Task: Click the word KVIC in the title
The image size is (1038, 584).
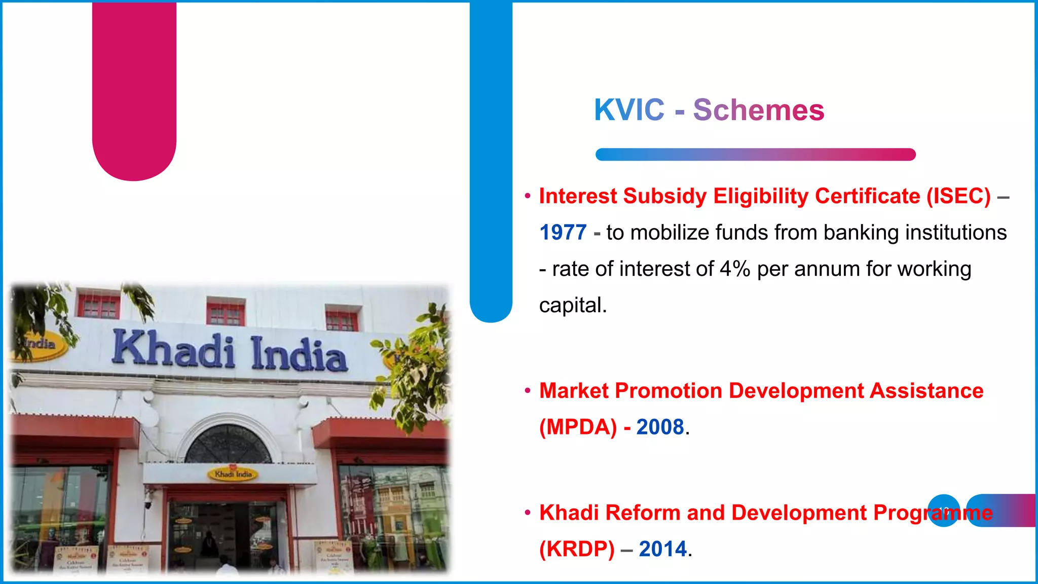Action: (628, 110)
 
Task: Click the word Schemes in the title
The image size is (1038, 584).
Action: (758, 110)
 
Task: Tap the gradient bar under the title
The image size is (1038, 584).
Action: (755, 155)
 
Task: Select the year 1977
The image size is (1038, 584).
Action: (563, 233)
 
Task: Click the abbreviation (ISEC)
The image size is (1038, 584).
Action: (958, 196)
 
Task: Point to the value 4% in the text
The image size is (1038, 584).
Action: (734, 269)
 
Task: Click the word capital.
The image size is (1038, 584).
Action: (572, 306)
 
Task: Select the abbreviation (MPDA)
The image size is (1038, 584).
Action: (578, 427)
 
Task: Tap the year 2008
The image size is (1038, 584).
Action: (660, 427)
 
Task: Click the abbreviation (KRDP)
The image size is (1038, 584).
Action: (576, 549)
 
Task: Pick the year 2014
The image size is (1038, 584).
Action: (662, 549)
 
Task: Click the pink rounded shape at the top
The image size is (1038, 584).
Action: (134, 91)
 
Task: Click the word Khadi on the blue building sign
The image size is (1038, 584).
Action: (173, 350)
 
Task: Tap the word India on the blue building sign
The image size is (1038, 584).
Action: (299, 354)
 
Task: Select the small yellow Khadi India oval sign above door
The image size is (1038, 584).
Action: (233, 474)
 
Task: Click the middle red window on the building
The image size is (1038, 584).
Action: (226, 313)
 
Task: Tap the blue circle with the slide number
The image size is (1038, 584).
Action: (943, 510)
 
